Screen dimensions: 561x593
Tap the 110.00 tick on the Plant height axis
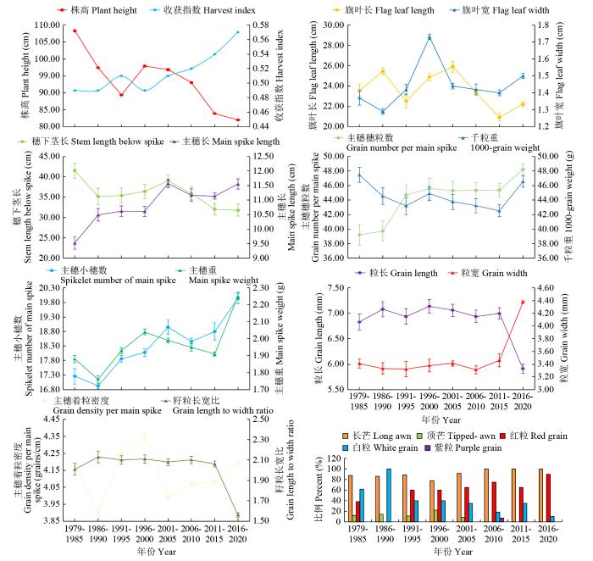[x=38, y=25]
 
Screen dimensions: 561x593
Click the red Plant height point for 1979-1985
[x=75, y=31]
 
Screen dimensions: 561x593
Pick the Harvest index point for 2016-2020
[x=238, y=32]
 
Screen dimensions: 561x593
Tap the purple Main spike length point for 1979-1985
[x=75, y=243]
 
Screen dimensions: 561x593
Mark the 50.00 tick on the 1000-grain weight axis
[x=548, y=157]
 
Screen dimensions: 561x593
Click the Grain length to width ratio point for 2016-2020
[x=238, y=515]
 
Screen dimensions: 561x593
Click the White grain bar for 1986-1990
[x=388, y=496]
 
